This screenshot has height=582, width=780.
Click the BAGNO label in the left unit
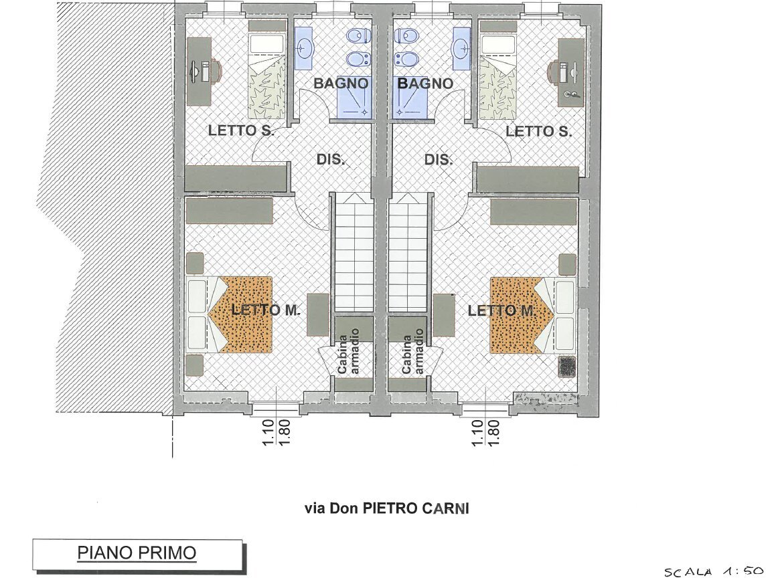341,83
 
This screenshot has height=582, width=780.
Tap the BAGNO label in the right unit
425,83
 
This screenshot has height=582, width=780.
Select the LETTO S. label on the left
241,130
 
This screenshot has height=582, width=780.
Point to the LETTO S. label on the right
539,131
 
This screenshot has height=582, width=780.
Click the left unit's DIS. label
331,159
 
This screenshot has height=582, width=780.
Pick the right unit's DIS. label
439,159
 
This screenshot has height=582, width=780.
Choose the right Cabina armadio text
413,351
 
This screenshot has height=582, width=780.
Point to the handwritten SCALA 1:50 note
714,572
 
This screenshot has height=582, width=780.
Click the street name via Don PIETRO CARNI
386,509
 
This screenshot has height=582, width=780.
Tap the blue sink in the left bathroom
303,47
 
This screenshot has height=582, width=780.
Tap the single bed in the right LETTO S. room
498,70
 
